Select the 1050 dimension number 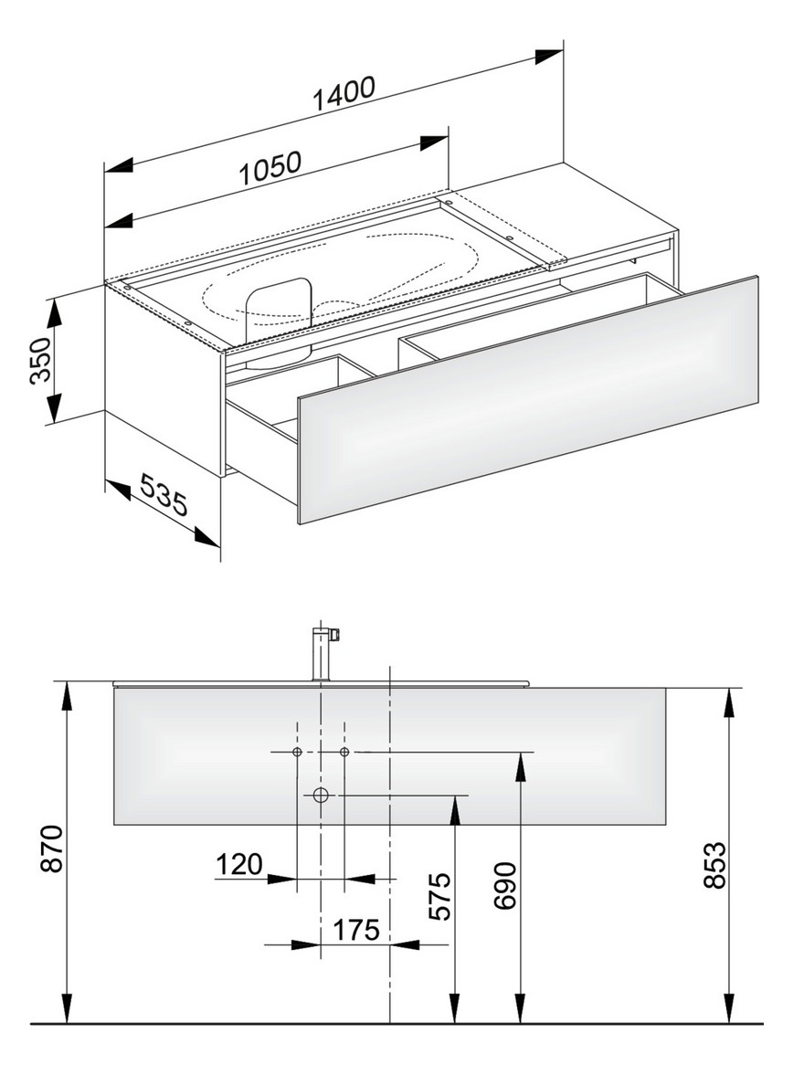coord(270,166)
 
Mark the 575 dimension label coord(441,898)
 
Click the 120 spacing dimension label coord(238,863)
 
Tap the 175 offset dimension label coord(356,931)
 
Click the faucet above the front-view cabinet coord(322,652)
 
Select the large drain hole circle coord(321,795)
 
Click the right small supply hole coord(344,752)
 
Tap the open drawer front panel coord(528,401)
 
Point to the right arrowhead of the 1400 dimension coord(549,55)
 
